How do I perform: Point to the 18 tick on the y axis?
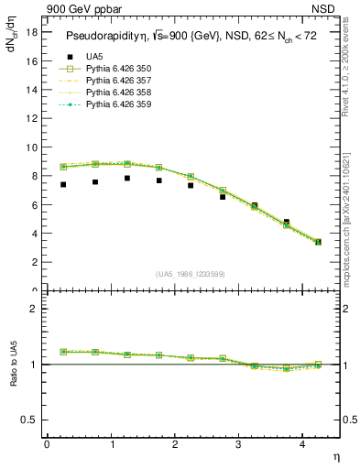30,32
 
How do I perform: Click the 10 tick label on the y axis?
30,147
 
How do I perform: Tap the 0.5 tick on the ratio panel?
27,420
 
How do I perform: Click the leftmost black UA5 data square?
63,184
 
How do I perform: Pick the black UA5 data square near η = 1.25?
127,178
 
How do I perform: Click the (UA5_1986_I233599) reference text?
191,275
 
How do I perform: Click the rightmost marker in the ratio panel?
318,365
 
